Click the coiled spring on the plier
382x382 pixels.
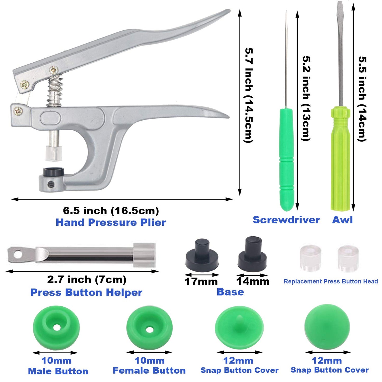coord(55,91)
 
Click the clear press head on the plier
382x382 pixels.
coord(54,153)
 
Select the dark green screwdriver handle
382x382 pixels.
coord(287,159)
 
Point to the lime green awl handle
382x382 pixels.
coord(340,159)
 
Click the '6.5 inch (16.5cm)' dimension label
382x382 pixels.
coord(111,211)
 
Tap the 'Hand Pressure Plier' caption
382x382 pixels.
coord(111,222)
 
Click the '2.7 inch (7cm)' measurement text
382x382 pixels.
coord(87,279)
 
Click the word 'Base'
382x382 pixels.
coord(230,292)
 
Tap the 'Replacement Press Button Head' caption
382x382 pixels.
coord(331,281)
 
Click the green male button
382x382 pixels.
coord(56,327)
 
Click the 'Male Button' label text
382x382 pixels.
coord(58,371)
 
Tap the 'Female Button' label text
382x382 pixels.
coord(149,370)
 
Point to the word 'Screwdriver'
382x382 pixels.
coord(286,220)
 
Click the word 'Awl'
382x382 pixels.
coord(342,220)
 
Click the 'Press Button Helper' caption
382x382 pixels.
coord(86,292)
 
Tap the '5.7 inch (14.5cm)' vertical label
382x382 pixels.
coord(249,95)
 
